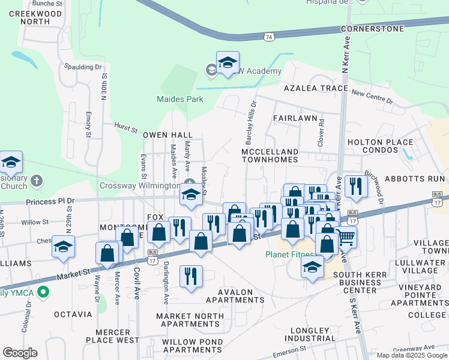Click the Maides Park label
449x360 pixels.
point(180,100)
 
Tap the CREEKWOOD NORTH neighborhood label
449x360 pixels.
point(35,17)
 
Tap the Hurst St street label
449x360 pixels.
point(126,126)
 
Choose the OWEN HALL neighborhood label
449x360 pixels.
point(167,135)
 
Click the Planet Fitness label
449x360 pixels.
point(290,254)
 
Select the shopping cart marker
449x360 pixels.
point(345,238)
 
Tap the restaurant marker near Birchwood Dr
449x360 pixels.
point(356,186)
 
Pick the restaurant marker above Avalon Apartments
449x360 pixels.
point(191,277)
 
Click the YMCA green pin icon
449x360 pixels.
point(42,293)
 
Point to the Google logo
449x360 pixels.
point(20,353)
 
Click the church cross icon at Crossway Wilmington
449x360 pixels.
point(190,183)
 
